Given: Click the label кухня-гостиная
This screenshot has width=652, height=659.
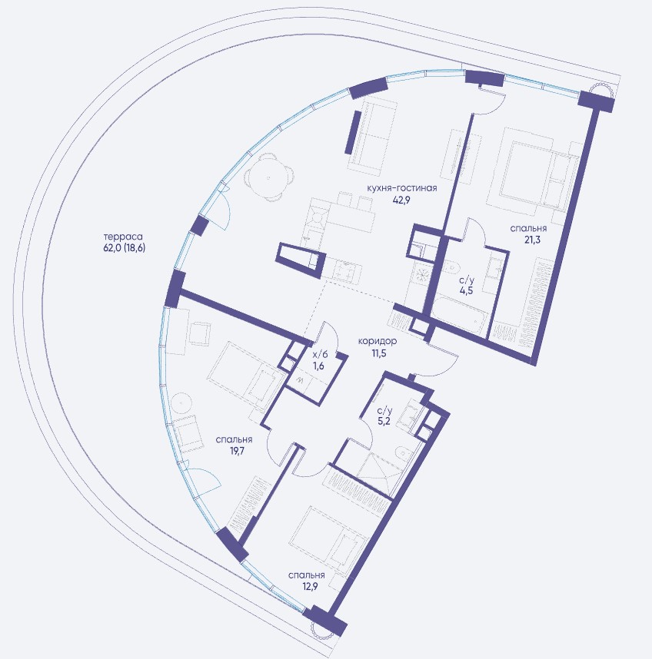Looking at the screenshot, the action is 401,188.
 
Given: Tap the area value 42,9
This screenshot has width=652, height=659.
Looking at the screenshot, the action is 401,200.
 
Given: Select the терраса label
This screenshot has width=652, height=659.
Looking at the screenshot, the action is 124,237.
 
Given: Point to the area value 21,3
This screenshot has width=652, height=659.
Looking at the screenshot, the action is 528,240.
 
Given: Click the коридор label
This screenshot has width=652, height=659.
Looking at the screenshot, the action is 378,341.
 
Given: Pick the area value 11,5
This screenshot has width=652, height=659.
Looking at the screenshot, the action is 378,353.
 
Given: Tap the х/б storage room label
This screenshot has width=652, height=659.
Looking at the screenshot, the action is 319,354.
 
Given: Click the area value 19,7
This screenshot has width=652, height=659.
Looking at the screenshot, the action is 234,452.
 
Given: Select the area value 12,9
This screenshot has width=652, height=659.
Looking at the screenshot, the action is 307,586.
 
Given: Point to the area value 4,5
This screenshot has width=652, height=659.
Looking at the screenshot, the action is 466,290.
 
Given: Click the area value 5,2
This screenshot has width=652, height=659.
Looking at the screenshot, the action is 384,421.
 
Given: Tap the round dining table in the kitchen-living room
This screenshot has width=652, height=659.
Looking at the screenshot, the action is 268,177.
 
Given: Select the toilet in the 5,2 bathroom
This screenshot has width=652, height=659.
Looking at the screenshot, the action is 404,454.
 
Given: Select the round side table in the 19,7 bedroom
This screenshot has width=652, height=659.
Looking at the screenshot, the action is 181,403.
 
